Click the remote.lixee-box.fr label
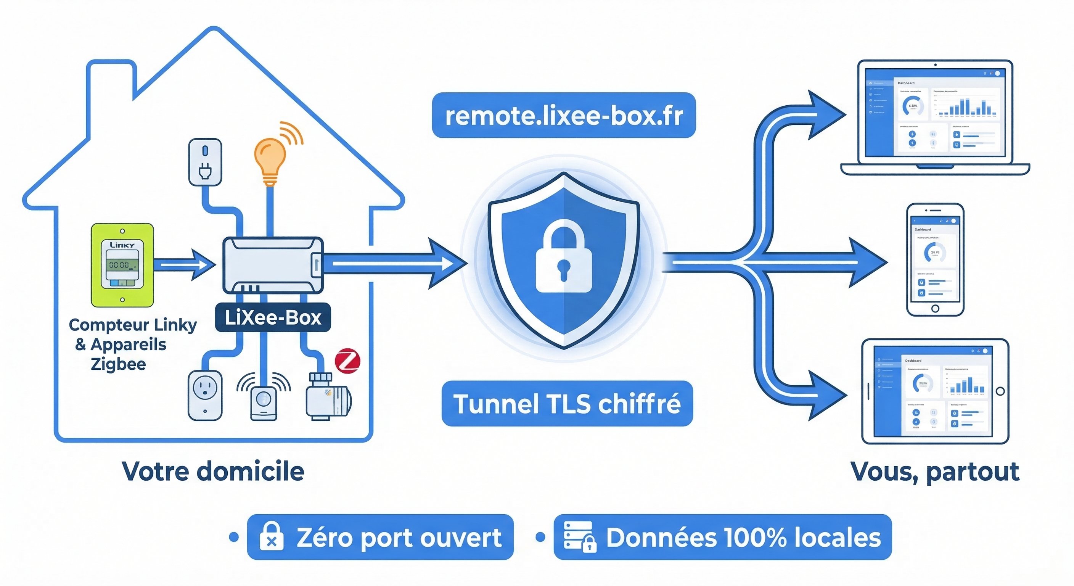pyautogui.click(x=564, y=116)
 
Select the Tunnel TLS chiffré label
pyautogui.click(x=567, y=403)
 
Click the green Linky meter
pyautogui.click(x=122, y=265)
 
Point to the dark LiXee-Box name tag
pyautogui.click(x=273, y=318)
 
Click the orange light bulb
pyautogui.click(x=270, y=161)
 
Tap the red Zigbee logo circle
pyautogui.click(x=347, y=361)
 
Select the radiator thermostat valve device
pyautogui.click(x=327, y=396)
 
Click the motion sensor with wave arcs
pyautogui.click(x=264, y=401)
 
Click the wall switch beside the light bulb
pyautogui.click(x=205, y=162)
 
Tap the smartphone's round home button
pyautogui.click(x=935, y=309)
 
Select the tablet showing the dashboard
pyautogui.click(x=935, y=391)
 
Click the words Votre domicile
pyautogui.click(x=213, y=471)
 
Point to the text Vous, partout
pyautogui.click(x=935, y=472)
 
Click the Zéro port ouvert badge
pyautogui.click(x=380, y=537)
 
